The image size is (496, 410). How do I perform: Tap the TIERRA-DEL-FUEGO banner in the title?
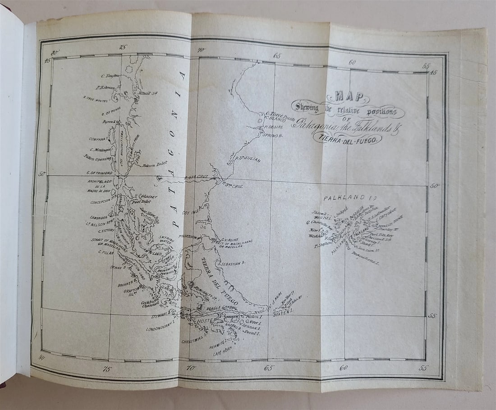[x=347, y=139]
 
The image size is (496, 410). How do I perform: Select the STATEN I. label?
[x=285, y=311]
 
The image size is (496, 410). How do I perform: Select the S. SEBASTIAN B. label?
[x=230, y=263]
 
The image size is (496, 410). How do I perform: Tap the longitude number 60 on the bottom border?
[x=344, y=368]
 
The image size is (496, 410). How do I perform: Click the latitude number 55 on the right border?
[x=432, y=315]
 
